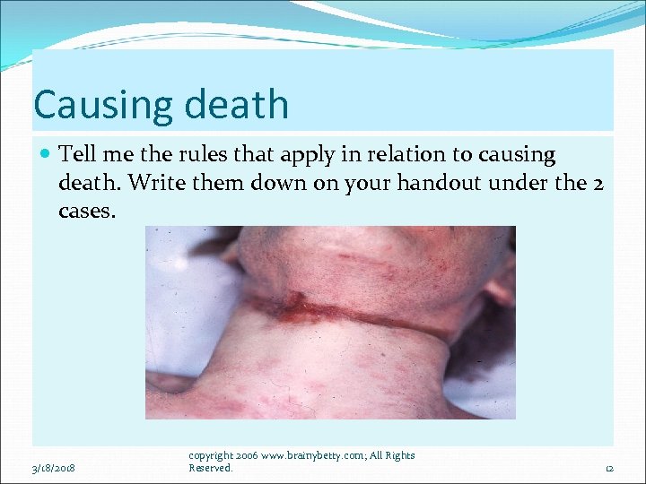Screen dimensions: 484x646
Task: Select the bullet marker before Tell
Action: (46, 155)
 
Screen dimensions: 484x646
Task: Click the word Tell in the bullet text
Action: (77, 154)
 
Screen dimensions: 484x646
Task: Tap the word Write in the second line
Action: (153, 184)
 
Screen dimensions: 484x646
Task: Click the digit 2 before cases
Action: (597, 184)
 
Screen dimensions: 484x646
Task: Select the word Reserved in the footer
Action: (210, 468)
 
